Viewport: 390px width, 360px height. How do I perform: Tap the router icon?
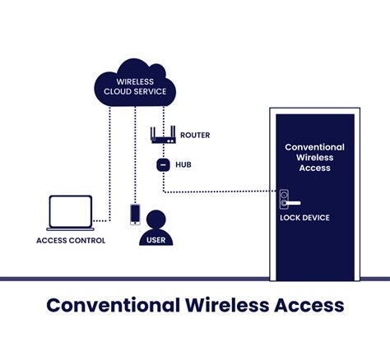(x=162, y=135)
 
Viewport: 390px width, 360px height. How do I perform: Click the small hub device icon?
(x=162, y=164)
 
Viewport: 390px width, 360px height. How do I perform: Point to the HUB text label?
(x=183, y=164)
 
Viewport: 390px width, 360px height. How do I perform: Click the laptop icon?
(x=69, y=212)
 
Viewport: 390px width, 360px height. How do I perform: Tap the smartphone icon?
(x=135, y=214)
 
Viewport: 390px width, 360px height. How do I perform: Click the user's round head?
(x=155, y=219)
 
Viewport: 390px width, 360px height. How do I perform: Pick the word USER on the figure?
(x=155, y=239)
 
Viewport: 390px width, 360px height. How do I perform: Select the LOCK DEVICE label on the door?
(x=304, y=218)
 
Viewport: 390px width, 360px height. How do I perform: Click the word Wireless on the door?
(x=314, y=157)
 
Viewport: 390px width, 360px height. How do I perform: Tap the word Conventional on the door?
(x=314, y=146)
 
